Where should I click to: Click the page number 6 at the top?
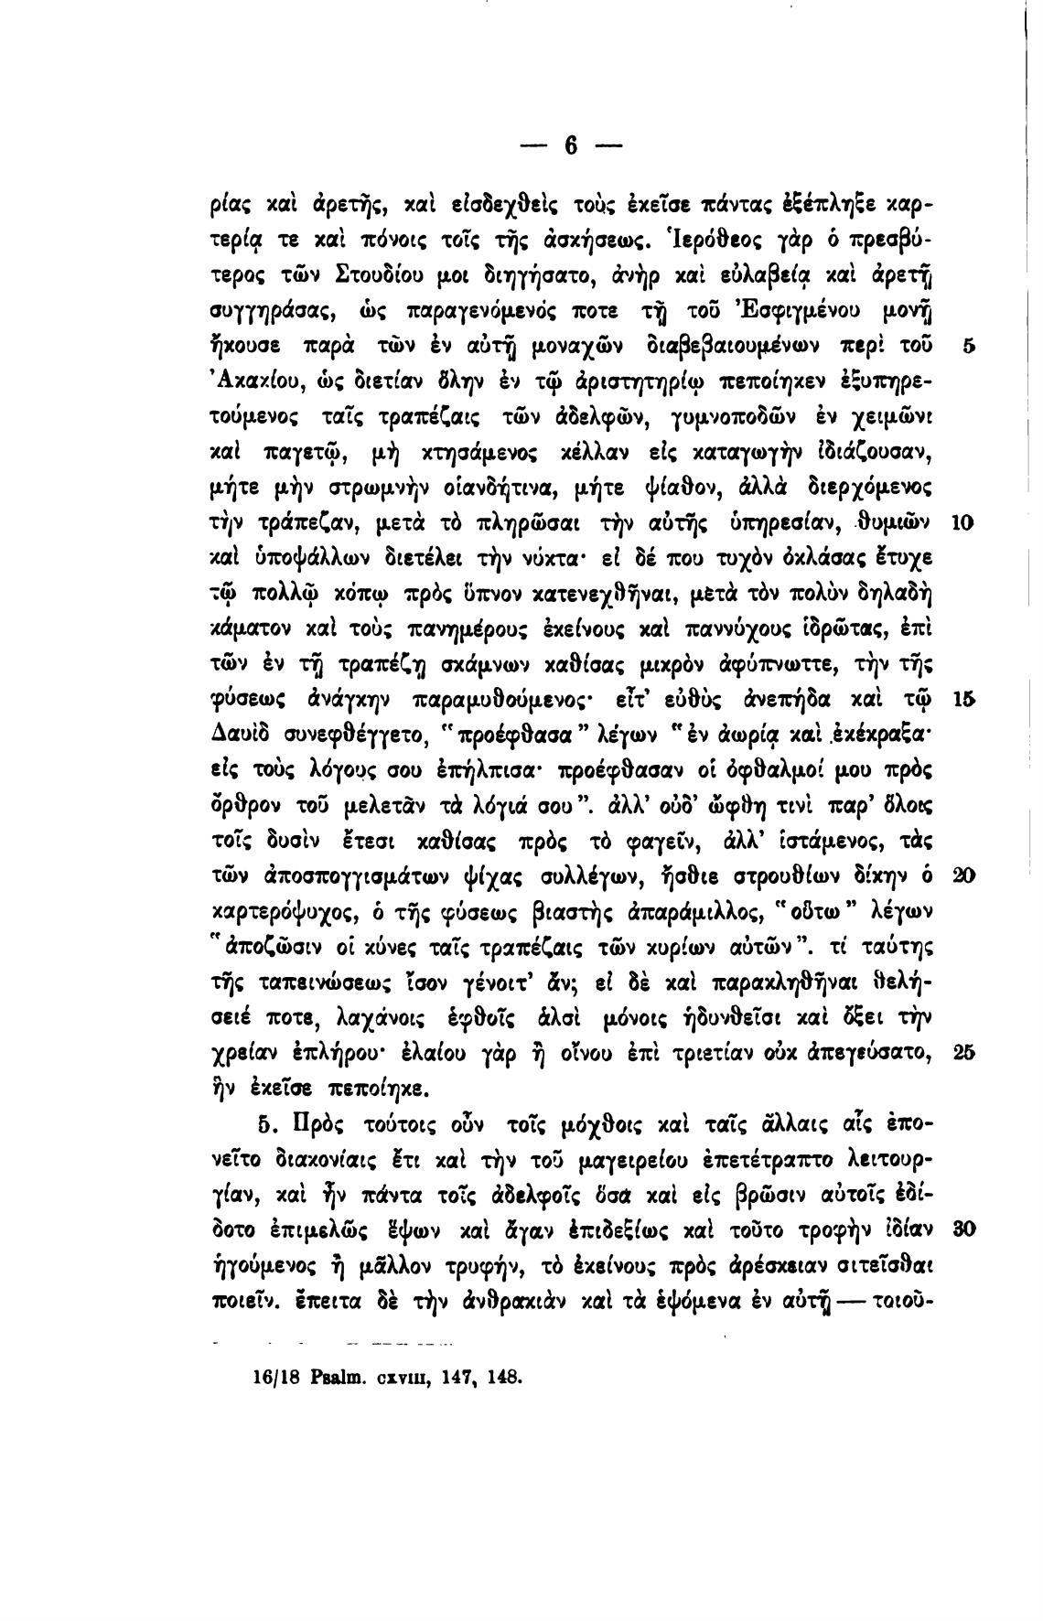(x=572, y=146)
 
